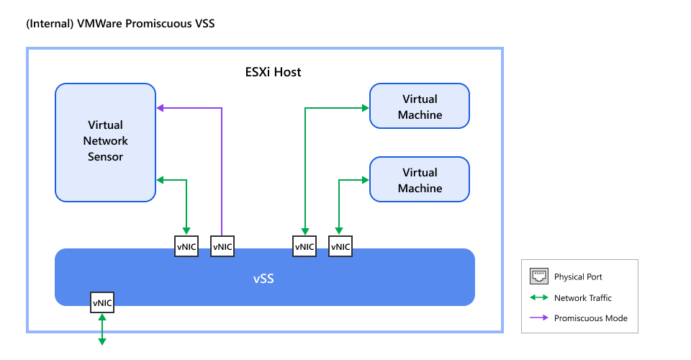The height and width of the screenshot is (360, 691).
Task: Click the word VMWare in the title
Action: click(x=99, y=24)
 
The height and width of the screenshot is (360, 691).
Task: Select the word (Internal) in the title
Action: click(x=49, y=24)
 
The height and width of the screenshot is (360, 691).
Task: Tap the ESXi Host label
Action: click(x=273, y=72)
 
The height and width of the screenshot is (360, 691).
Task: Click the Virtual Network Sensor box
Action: click(x=105, y=142)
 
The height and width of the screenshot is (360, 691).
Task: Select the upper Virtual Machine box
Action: click(x=419, y=107)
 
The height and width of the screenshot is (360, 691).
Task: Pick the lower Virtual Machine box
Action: click(x=419, y=180)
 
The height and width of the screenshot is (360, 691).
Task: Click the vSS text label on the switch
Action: click(x=264, y=277)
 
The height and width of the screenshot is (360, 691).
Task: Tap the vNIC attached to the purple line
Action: click(x=222, y=246)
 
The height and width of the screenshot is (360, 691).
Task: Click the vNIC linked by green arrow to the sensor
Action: click(x=187, y=246)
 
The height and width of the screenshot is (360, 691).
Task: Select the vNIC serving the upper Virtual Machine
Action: click(x=304, y=246)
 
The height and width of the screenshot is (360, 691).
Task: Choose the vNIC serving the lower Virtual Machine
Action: click(x=340, y=246)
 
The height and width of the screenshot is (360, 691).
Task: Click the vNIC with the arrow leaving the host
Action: click(x=101, y=303)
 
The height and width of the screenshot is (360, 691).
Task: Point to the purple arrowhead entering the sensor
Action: click(x=161, y=108)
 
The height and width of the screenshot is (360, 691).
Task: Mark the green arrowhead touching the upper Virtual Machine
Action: click(x=365, y=108)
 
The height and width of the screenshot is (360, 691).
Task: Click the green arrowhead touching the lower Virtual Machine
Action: click(x=365, y=180)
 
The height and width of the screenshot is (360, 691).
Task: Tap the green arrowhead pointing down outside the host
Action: click(x=101, y=341)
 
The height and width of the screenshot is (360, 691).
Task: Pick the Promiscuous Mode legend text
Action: click(x=590, y=318)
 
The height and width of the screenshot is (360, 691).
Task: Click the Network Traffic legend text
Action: click(x=582, y=297)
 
